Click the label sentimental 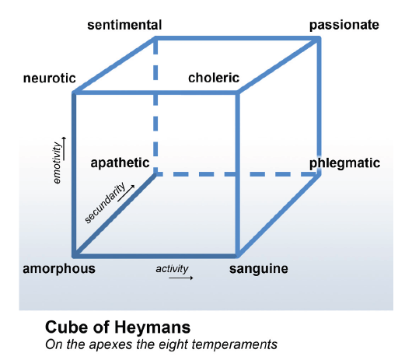tap(124, 25)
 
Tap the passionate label tap(344, 26)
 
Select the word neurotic tap(50, 79)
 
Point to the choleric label tap(214, 78)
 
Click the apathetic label tap(120, 163)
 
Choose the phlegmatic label tap(344, 163)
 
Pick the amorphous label tap(59, 269)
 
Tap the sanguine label tap(259, 269)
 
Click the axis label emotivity tap(57, 163)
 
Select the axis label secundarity tap(105, 203)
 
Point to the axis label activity tap(172, 269)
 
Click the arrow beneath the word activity tap(181, 278)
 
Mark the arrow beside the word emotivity tap(64, 149)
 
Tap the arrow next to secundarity tap(126, 193)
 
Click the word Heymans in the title tap(152, 327)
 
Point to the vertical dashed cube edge tap(155, 107)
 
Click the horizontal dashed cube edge tap(237, 174)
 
